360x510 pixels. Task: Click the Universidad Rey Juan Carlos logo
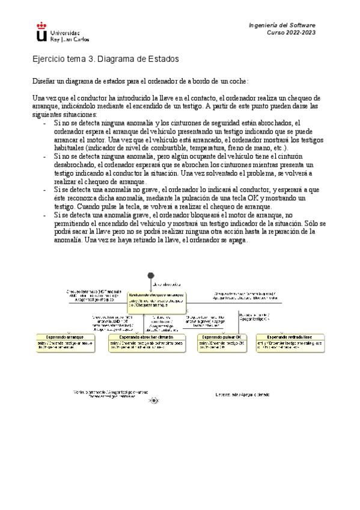tap(58, 32)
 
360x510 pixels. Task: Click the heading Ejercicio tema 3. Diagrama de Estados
tap(105, 60)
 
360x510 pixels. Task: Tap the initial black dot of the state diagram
tap(150, 275)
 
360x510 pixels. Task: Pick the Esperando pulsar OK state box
tap(222, 341)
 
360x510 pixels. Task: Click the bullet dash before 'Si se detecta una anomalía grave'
tap(46, 214)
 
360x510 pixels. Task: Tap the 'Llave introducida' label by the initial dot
tap(167, 282)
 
